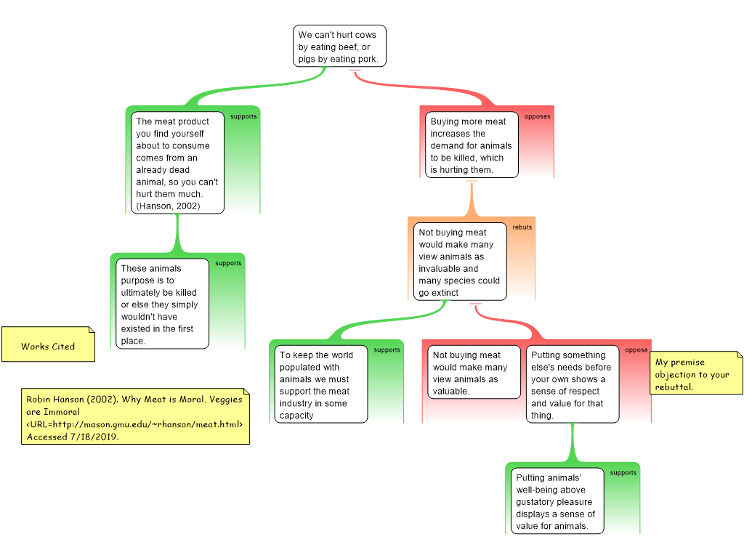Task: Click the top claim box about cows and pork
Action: (339, 46)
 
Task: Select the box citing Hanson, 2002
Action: (177, 163)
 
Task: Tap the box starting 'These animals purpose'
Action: (162, 304)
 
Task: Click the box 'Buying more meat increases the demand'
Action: (472, 145)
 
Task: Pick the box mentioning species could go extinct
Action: (460, 262)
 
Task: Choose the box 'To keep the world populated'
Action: (320, 384)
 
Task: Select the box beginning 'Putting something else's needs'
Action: (573, 384)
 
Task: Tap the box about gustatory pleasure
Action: (557, 501)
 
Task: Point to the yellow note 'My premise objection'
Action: (695, 373)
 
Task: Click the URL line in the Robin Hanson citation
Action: (134, 424)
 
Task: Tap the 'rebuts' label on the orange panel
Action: (522, 227)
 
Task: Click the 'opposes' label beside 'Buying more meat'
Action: (537, 116)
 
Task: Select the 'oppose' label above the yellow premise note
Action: (636, 349)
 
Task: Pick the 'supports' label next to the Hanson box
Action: (243, 116)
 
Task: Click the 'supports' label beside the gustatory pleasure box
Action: (623, 472)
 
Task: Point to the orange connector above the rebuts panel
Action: (472, 199)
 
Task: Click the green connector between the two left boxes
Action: (177, 233)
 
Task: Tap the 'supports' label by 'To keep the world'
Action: (387, 349)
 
